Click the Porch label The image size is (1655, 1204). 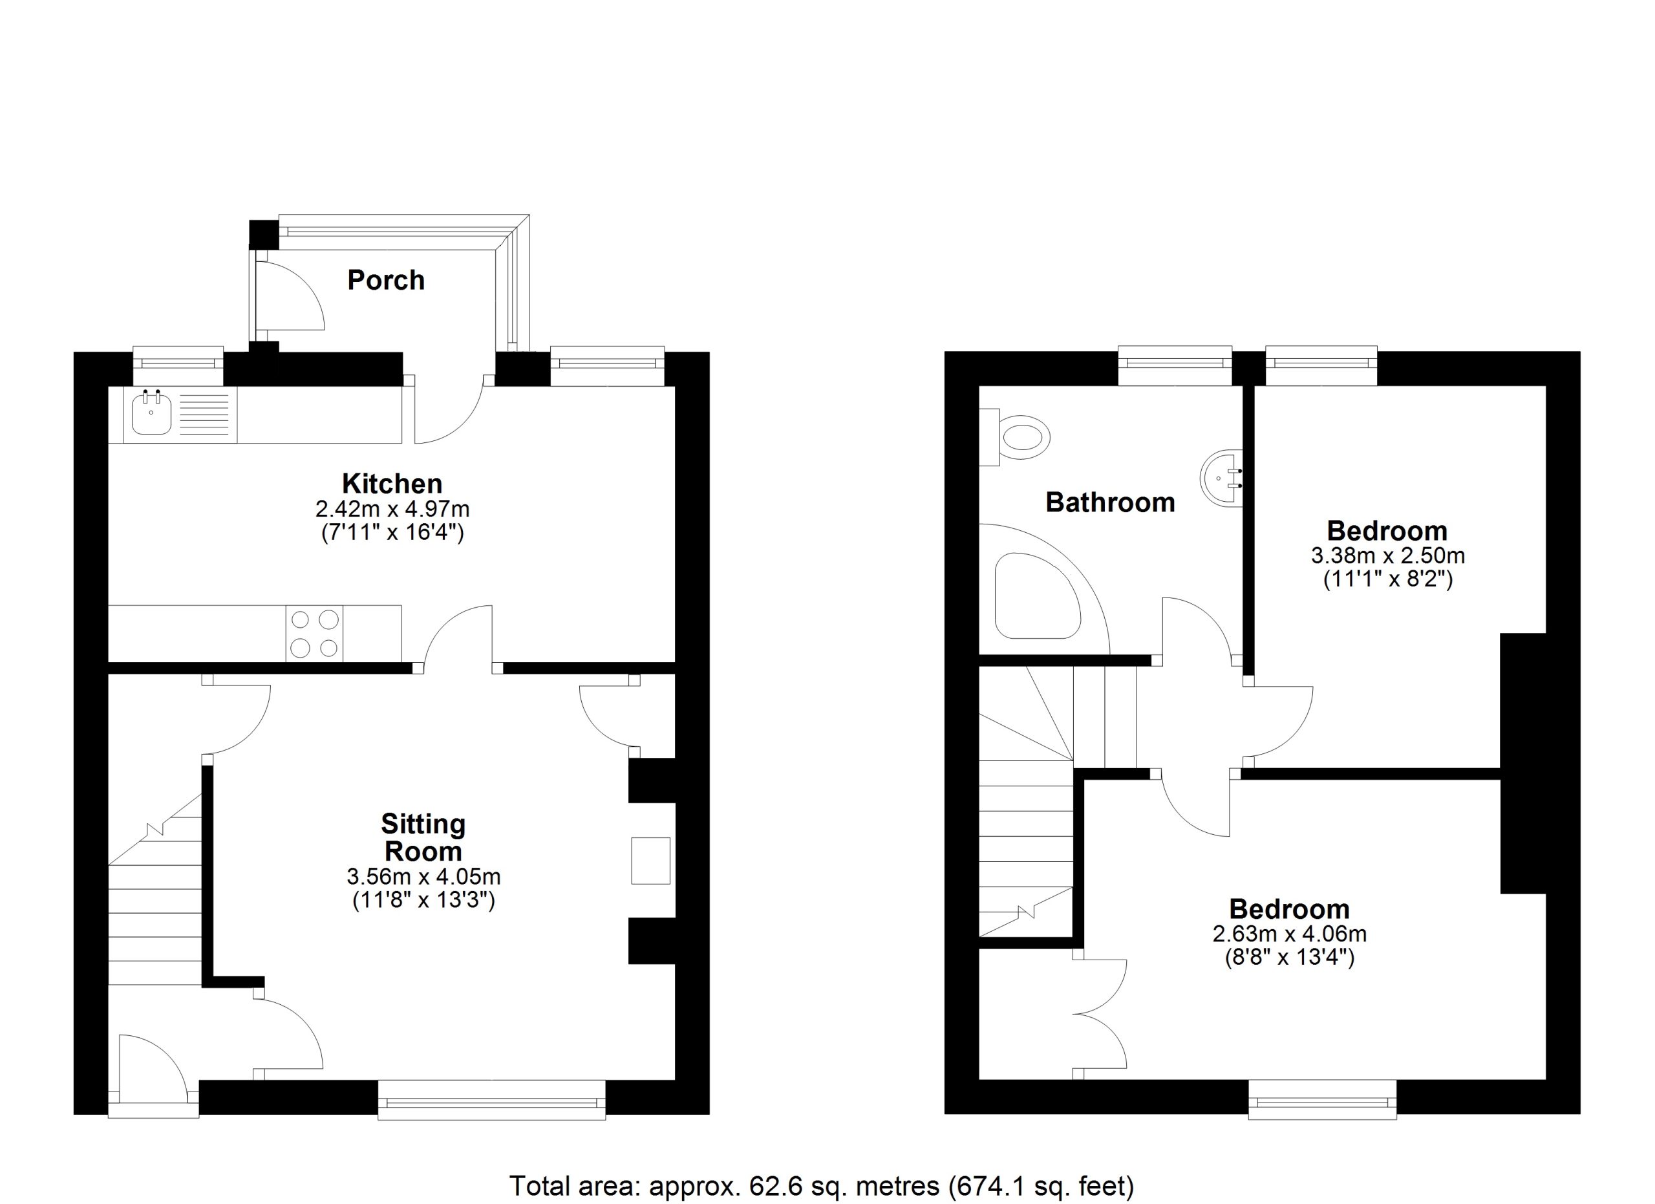point(386,280)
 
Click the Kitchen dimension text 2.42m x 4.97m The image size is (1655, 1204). point(392,509)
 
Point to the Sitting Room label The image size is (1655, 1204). point(423,838)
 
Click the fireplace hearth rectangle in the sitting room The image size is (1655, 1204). point(650,861)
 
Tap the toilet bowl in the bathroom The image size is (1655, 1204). point(1025,438)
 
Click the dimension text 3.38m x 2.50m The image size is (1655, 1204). point(1388,556)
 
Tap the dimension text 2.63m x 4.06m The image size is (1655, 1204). point(1289,933)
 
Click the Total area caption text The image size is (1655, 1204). point(822,1186)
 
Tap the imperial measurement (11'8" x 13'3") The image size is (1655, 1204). point(423,901)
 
